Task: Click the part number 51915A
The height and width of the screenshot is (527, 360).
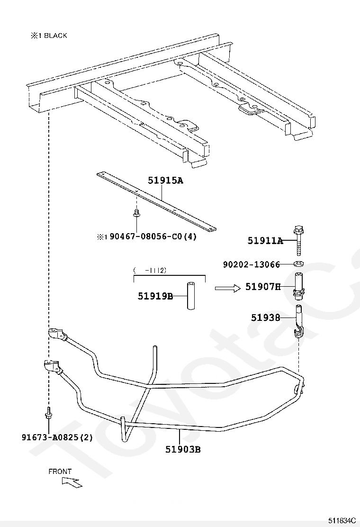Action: click(165, 181)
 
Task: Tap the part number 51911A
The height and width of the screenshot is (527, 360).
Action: click(265, 241)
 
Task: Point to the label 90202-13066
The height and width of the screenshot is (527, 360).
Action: click(252, 264)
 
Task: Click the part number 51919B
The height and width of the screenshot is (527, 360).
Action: click(155, 296)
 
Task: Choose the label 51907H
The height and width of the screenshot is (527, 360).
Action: click(263, 287)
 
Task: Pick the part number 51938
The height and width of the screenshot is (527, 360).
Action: click(265, 318)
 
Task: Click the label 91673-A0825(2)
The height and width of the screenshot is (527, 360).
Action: click(57, 437)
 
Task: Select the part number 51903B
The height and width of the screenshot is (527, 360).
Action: click(183, 449)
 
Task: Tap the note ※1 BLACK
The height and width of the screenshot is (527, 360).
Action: click(49, 36)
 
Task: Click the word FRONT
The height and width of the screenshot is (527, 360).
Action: click(60, 472)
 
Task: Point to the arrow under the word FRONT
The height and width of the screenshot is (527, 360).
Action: click(72, 482)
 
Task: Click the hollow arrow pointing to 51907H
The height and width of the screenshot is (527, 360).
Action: click(227, 287)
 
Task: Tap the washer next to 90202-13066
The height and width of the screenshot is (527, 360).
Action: click(299, 264)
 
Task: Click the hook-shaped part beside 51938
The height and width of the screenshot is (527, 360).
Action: click(299, 322)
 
